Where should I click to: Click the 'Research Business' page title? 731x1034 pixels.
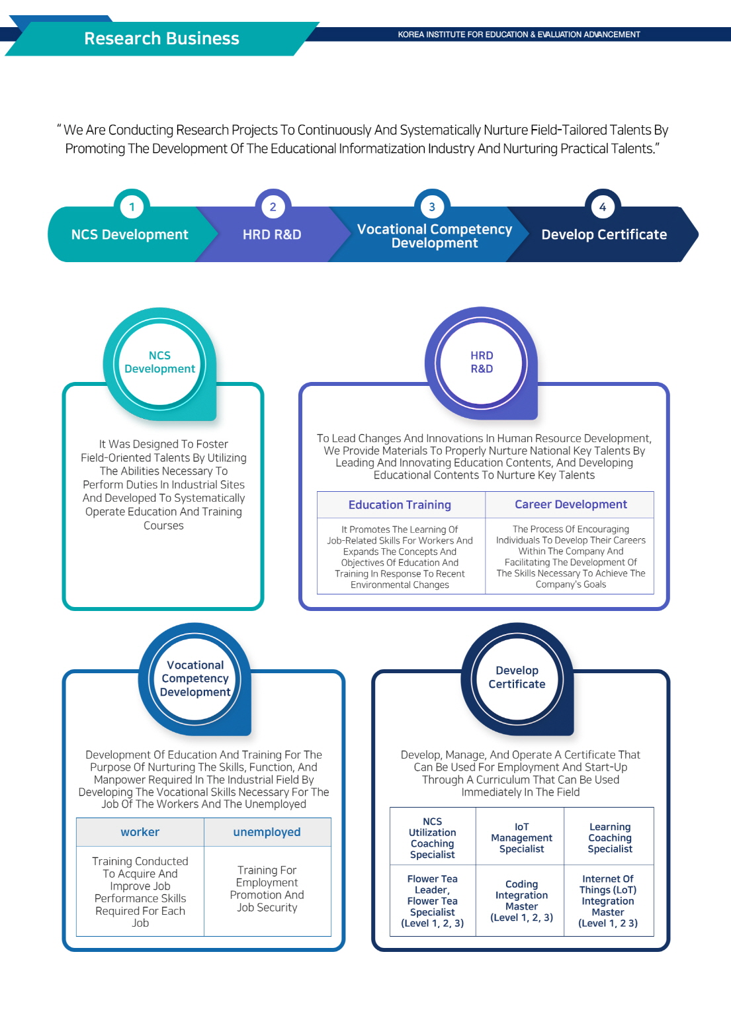click(x=161, y=38)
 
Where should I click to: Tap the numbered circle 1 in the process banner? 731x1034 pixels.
click(x=132, y=207)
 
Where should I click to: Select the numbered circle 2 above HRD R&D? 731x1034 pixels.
click(x=273, y=207)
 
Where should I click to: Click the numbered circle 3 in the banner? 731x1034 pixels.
click(x=432, y=207)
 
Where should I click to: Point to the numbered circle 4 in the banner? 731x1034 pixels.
click(x=602, y=207)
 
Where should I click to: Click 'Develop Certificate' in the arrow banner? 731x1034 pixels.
click(x=604, y=234)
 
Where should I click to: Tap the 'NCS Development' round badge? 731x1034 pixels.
click(x=159, y=363)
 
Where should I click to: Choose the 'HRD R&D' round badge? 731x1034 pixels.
click(x=481, y=363)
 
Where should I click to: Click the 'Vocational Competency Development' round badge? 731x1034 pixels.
click(x=194, y=679)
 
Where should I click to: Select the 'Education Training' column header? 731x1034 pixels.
click(x=400, y=504)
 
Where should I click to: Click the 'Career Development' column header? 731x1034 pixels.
click(x=570, y=504)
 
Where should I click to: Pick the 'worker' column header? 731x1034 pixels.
click(x=140, y=832)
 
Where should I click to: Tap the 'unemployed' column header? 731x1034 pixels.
click(x=267, y=832)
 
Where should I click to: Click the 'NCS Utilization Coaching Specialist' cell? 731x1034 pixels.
click(x=433, y=838)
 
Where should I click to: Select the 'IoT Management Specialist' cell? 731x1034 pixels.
click(x=521, y=838)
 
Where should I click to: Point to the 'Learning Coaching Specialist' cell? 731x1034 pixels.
click(x=610, y=838)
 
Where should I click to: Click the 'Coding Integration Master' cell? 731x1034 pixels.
click(x=521, y=900)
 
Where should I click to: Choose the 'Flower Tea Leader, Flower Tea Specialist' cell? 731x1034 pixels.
click(x=433, y=900)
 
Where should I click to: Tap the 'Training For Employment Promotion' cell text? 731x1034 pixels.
click(x=267, y=888)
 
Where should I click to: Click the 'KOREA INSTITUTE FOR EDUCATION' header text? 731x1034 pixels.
click(x=519, y=34)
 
